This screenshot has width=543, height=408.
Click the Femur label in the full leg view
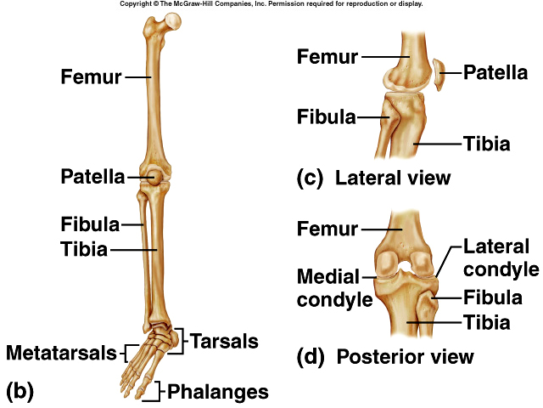click(91, 76)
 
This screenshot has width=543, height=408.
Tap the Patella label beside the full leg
click(92, 177)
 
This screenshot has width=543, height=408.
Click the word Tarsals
click(224, 341)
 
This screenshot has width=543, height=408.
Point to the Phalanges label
click(218, 392)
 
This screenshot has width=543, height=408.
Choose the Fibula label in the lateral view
click(325, 116)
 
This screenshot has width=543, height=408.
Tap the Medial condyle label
click(334, 287)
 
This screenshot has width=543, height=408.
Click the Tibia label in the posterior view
click(485, 322)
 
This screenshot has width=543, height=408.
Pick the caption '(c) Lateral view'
click(373, 178)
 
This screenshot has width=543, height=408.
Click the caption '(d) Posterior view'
click(385, 355)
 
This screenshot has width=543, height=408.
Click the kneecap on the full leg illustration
click(154, 177)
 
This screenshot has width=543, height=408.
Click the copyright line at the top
click(271, 4)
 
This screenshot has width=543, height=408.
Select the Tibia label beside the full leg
click(84, 249)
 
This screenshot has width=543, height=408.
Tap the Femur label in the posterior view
click(327, 228)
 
